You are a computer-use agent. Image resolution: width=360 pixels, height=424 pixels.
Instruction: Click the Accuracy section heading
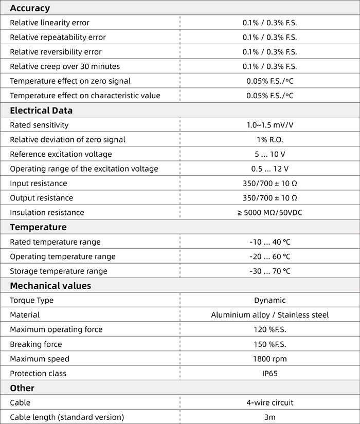30,8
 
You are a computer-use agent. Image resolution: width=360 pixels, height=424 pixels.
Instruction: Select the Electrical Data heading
41,110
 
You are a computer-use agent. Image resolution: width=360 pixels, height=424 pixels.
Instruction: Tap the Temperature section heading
38,227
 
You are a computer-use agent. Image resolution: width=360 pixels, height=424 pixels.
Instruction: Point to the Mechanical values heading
50,286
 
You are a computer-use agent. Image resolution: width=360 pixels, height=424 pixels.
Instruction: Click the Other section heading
22,388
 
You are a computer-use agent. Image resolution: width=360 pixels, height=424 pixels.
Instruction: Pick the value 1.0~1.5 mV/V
269,125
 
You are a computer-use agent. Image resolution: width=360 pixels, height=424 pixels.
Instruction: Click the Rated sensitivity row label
39,125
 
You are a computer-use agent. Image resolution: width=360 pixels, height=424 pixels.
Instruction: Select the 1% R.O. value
269,140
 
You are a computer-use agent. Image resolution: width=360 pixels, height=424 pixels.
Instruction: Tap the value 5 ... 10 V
269,154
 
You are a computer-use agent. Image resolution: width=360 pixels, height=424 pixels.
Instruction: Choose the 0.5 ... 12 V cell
269,169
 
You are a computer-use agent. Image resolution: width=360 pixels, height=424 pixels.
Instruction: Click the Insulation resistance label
47,212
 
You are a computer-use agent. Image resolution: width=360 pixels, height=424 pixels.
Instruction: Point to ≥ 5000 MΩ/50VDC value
269,212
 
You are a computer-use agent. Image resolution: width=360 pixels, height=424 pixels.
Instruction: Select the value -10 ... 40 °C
269,242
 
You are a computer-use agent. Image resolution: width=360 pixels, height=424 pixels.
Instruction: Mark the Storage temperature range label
59,271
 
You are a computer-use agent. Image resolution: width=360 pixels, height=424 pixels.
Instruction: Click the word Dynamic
269,300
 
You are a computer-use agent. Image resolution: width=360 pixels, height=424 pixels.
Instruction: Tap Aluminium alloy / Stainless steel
269,315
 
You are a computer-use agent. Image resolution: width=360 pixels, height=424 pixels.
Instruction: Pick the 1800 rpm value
269,359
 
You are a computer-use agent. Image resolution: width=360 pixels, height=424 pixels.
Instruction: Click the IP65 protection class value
269,374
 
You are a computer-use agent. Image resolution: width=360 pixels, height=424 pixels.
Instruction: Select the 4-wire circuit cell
269,403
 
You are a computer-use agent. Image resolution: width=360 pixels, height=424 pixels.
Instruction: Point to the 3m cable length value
269,417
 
